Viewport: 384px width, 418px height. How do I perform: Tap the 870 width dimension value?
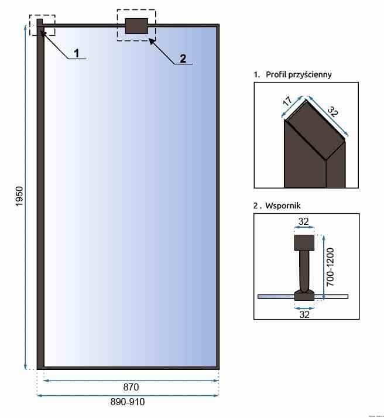(131, 387)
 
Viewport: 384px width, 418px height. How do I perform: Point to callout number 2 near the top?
(183, 58)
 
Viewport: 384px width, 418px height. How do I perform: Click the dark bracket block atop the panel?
(136, 26)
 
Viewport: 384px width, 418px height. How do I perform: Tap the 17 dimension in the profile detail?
(287, 101)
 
